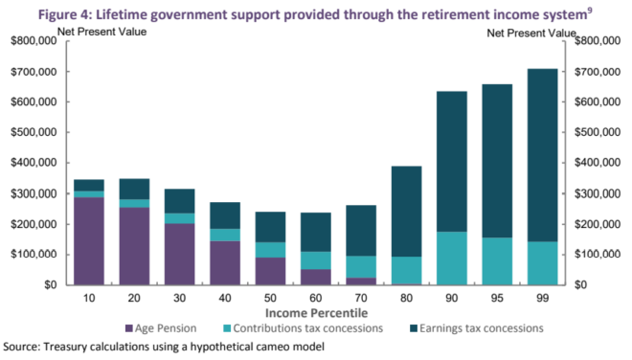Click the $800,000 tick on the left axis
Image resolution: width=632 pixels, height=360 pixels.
pyautogui.click(x=30, y=41)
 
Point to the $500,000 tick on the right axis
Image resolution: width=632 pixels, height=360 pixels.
pyautogui.click(x=599, y=132)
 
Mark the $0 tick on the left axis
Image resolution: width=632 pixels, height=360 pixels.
pyautogui.click(x=44, y=285)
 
